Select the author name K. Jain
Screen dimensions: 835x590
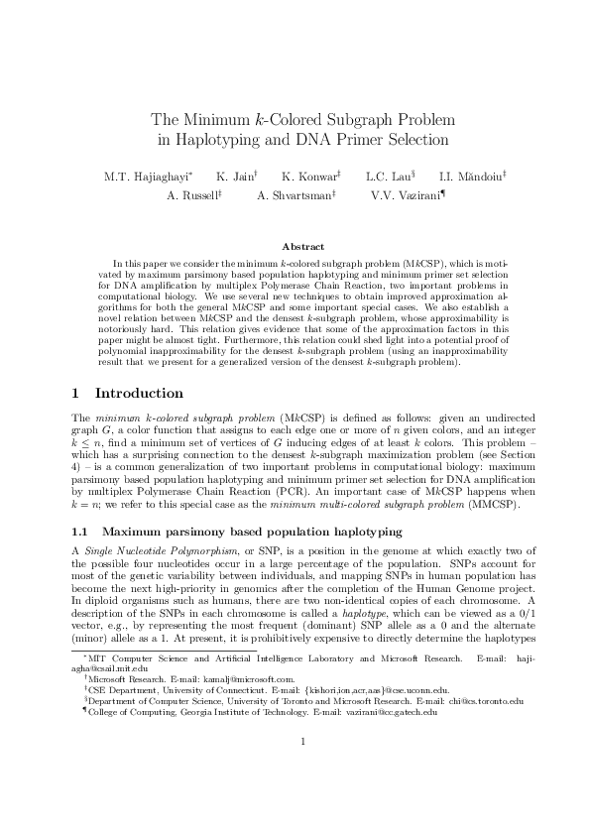click(x=236, y=177)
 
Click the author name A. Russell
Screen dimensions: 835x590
click(x=192, y=195)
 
